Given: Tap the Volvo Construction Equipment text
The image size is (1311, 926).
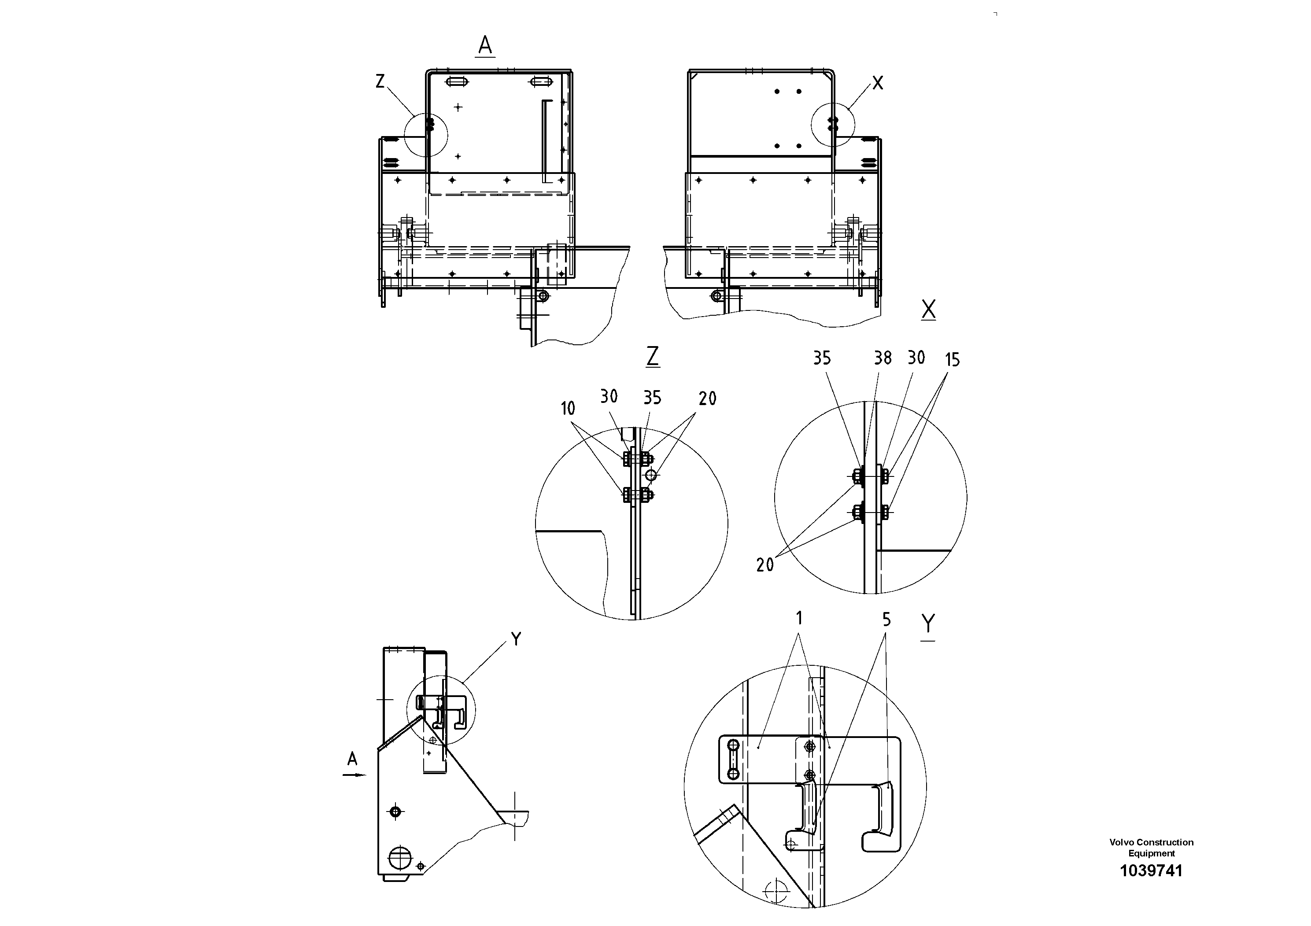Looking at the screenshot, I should (1151, 848).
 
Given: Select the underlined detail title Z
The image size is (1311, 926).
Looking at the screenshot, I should (653, 356).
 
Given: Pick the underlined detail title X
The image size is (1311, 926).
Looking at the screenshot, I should (928, 310).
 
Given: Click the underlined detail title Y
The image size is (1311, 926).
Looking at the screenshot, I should (928, 623).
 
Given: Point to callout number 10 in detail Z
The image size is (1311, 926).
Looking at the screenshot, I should (568, 408).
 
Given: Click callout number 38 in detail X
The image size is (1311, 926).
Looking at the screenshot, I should (883, 358).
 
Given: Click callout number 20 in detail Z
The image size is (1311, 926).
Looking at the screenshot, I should (707, 398).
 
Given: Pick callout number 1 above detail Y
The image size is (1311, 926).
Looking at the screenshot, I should (799, 618).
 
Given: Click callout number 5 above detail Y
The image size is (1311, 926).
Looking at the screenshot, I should (886, 620).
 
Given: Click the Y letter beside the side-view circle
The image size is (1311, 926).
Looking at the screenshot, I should (516, 639).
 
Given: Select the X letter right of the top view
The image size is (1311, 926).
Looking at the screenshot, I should (878, 83).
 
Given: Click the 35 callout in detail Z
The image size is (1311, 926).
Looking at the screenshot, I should (652, 397).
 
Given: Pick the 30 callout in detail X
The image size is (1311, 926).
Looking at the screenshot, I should (916, 358).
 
